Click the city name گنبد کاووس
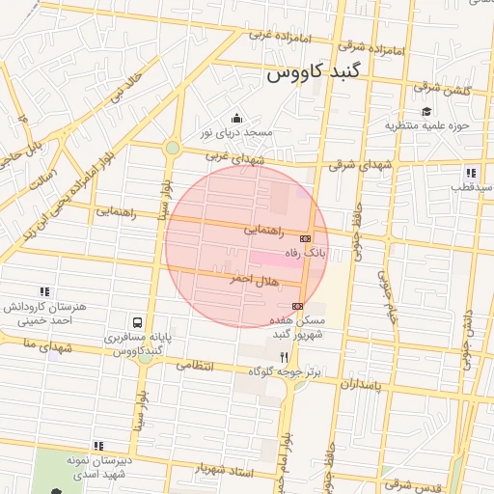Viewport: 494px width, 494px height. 311,73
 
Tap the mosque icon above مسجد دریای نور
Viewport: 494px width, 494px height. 237,118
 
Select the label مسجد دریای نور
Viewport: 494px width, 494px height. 237,132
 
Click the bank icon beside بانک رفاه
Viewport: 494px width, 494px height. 306,237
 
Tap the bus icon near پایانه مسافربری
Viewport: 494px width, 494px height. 138,321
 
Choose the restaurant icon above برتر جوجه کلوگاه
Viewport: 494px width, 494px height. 284,356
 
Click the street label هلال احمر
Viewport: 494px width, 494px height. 253,279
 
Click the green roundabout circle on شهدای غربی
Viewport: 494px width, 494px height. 172,148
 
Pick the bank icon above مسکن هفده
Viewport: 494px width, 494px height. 297,306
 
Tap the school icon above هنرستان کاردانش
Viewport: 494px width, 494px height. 44,290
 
